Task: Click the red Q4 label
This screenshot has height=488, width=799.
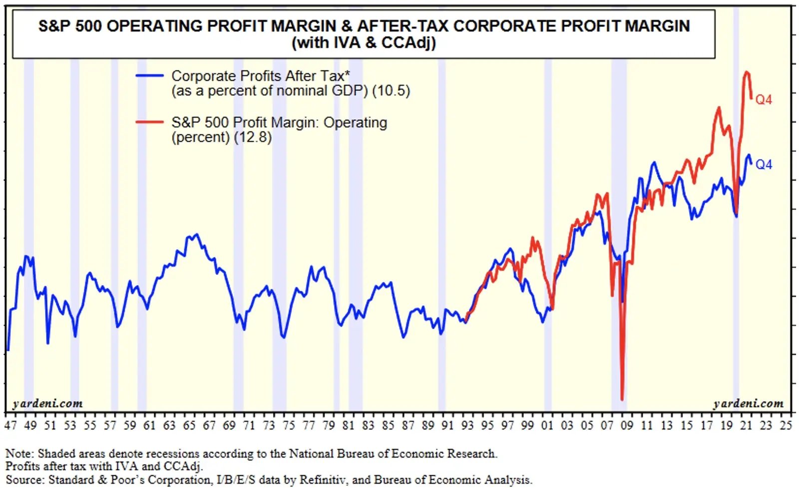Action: (764, 100)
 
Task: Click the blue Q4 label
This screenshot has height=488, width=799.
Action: (764, 165)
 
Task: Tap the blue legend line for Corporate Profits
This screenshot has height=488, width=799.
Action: (150, 76)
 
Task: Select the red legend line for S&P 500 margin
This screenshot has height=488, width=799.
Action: (150, 122)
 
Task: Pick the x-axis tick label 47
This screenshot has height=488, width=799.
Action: (10, 426)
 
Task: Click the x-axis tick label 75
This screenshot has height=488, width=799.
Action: (289, 426)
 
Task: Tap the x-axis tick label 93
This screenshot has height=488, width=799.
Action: (467, 426)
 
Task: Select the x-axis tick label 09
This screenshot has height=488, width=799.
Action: (627, 426)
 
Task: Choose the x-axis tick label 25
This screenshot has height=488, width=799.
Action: (786, 426)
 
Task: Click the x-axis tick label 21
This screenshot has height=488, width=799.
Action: (746, 426)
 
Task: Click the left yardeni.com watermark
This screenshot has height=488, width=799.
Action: (47, 403)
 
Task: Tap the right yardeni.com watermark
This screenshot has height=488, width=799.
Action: (748, 403)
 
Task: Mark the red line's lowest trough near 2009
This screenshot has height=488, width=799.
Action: (622, 399)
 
